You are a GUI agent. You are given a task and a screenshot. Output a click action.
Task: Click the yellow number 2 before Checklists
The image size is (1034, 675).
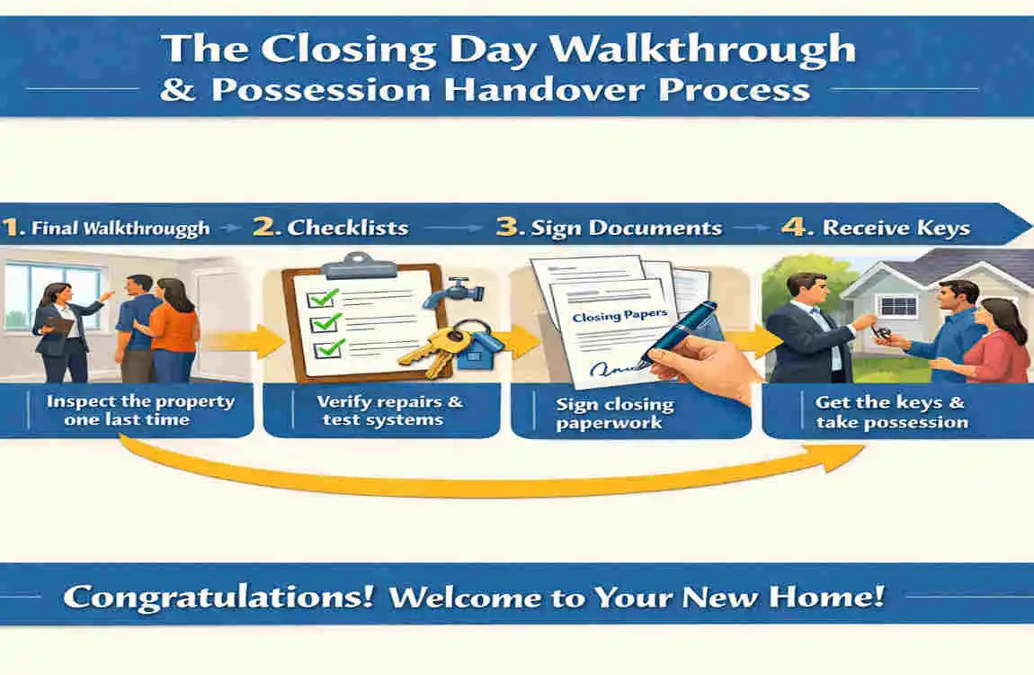(266, 226)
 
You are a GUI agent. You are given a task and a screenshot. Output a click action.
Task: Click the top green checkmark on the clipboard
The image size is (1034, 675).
(325, 295)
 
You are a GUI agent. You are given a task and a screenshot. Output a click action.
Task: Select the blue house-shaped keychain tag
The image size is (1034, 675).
(476, 352)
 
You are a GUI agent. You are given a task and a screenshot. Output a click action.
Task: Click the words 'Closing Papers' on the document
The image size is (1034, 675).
(608, 317)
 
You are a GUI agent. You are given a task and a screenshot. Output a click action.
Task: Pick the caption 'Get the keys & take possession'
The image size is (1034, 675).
(891, 412)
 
